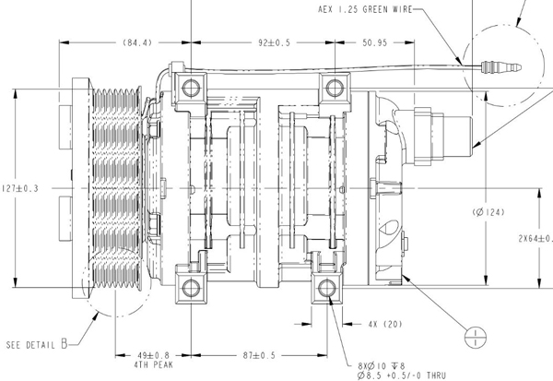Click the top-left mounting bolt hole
click(x=190, y=89)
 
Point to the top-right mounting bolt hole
click(x=330, y=89)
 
